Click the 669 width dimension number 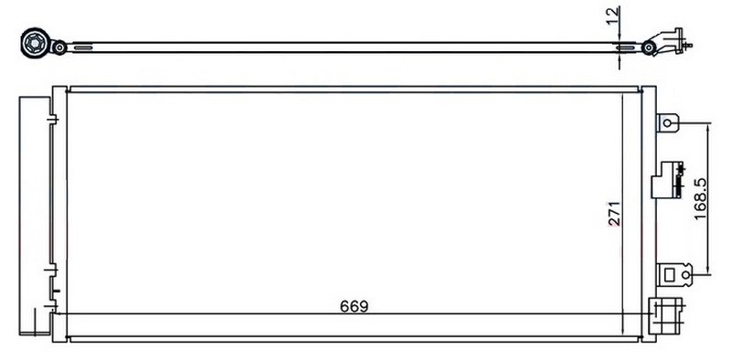click(354, 306)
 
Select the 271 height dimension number click(614, 214)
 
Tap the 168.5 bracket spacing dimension click(699, 199)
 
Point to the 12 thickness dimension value click(614, 16)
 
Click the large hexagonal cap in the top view click(37, 43)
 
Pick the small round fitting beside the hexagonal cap click(59, 48)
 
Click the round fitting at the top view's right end click(648, 48)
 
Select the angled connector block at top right click(670, 41)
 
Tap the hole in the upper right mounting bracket click(667, 123)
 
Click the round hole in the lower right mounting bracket click(685, 275)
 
